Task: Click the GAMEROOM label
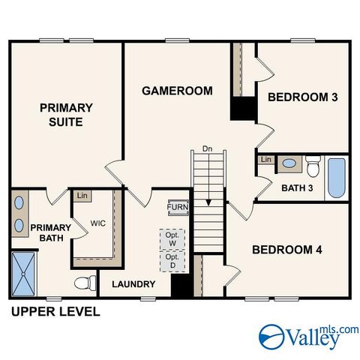coord(177,91)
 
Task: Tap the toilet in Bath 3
coord(313,166)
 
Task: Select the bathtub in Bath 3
coord(337,178)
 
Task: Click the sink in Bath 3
coord(289,163)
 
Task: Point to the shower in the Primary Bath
coord(23,274)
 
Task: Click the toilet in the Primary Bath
coord(85,283)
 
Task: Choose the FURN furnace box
coord(178,207)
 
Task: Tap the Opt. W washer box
coord(172,239)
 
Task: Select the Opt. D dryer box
coord(172,261)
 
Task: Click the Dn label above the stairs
coord(207,148)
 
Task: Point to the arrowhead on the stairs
coord(208,202)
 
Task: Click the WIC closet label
coord(98,223)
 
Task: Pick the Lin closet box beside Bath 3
coord(266,160)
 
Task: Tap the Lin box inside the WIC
coord(82,196)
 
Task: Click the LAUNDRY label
coord(133,284)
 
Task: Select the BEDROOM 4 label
coord(287,250)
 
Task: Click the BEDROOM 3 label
coord(303,97)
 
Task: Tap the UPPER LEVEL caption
coord(55,312)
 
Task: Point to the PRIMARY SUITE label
coord(66,115)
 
